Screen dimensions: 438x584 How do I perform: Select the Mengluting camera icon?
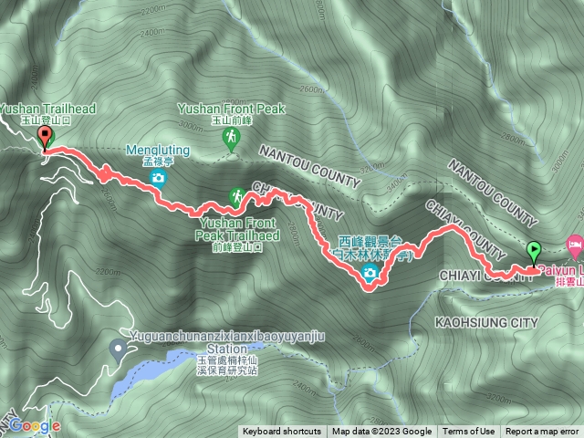click(x=159, y=178)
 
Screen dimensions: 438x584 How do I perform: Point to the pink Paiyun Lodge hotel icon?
click(x=574, y=244)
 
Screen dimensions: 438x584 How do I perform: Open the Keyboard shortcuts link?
click(x=281, y=432)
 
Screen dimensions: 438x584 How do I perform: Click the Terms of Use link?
click(x=469, y=432)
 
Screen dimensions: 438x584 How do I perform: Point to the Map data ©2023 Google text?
click(x=381, y=432)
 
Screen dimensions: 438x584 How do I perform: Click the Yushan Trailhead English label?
click(x=47, y=109)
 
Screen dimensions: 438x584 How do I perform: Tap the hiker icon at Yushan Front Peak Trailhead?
click(x=236, y=196)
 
